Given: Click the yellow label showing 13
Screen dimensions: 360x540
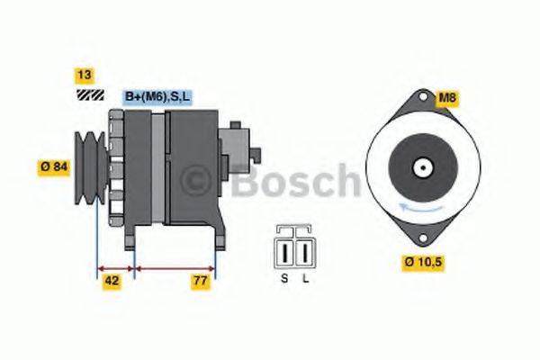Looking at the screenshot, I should tap(84, 76).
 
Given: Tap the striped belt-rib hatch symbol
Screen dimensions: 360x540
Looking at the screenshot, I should tap(87, 94).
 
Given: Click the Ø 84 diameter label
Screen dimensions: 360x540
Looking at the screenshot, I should tap(55, 166).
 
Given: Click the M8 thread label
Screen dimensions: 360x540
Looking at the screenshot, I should tap(447, 97).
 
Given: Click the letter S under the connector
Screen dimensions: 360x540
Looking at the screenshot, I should tap(284, 278).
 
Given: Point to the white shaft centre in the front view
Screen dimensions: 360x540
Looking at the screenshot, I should tap(420, 166).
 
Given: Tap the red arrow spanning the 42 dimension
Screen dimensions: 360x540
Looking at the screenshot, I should tap(115, 267).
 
